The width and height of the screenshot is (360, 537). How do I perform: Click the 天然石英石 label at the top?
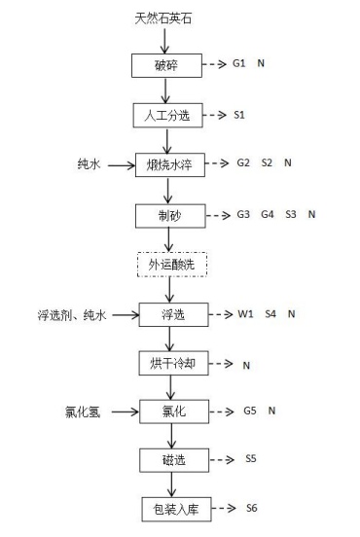click(163, 18)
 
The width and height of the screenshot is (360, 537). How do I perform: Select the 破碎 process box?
click(166, 65)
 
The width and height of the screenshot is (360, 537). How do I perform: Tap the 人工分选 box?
click(168, 116)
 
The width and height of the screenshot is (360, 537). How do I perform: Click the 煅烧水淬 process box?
click(170, 165)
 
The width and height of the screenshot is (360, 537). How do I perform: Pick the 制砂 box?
click(170, 216)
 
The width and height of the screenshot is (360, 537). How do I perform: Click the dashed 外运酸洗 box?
click(172, 265)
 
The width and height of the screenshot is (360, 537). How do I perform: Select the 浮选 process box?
click(173, 314)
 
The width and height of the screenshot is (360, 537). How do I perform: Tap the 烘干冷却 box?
click(173, 363)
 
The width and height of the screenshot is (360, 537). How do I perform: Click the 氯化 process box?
click(174, 412)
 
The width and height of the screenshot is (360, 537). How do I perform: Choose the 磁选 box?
click(174, 460)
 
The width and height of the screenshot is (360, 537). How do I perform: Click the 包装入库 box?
click(176, 509)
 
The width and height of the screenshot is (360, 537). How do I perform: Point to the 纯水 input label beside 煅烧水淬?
click(90, 164)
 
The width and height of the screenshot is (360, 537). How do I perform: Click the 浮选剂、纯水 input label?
click(72, 315)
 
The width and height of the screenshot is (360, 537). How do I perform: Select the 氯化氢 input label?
click(83, 412)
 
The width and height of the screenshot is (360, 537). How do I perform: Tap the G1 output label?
click(239, 63)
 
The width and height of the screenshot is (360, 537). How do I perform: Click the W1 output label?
click(245, 313)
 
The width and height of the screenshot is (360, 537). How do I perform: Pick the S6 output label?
click(252, 508)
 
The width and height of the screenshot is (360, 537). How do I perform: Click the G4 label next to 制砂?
click(268, 214)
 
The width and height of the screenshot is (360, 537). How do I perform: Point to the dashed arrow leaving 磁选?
click(222, 459)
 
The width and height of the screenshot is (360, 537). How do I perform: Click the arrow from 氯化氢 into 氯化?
click(125, 412)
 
